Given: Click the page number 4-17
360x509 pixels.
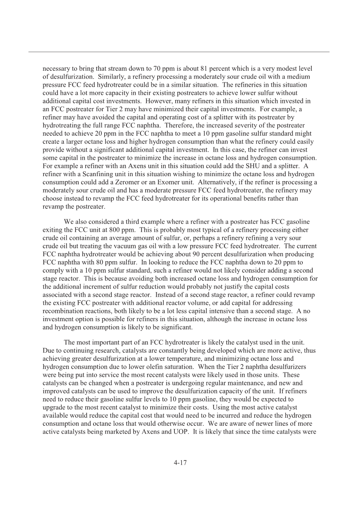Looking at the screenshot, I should pyautogui.click(x=180, y=463).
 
